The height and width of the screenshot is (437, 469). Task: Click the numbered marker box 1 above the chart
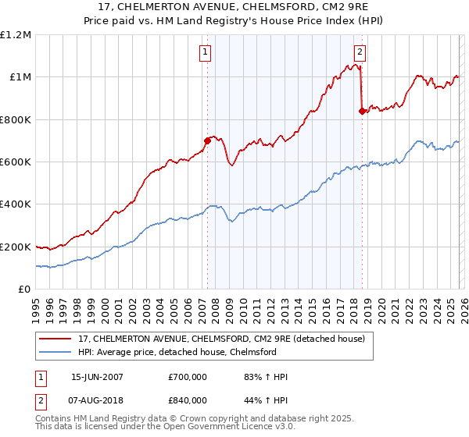click(x=205, y=53)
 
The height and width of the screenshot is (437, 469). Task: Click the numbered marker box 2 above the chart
click(x=360, y=53)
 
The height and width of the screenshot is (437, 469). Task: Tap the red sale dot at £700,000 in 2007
click(x=207, y=141)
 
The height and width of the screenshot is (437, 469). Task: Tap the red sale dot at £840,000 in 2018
click(x=361, y=112)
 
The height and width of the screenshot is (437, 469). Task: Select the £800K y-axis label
click(x=16, y=120)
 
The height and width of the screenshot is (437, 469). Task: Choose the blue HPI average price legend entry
click(x=188, y=352)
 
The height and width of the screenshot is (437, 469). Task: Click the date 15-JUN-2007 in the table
click(x=97, y=377)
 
